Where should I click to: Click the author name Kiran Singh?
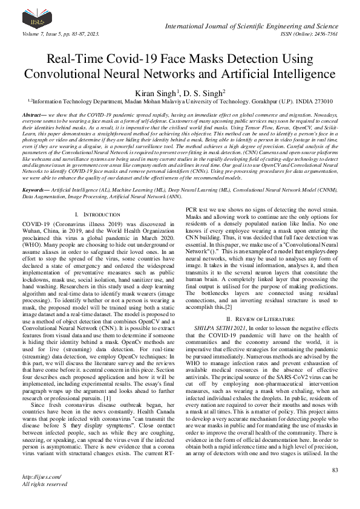pyautogui.click(x=159, y=92)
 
